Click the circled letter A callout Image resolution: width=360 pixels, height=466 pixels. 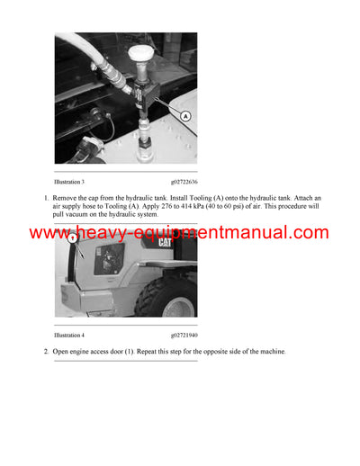[185, 116]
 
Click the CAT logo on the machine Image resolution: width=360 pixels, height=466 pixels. [166, 242]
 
